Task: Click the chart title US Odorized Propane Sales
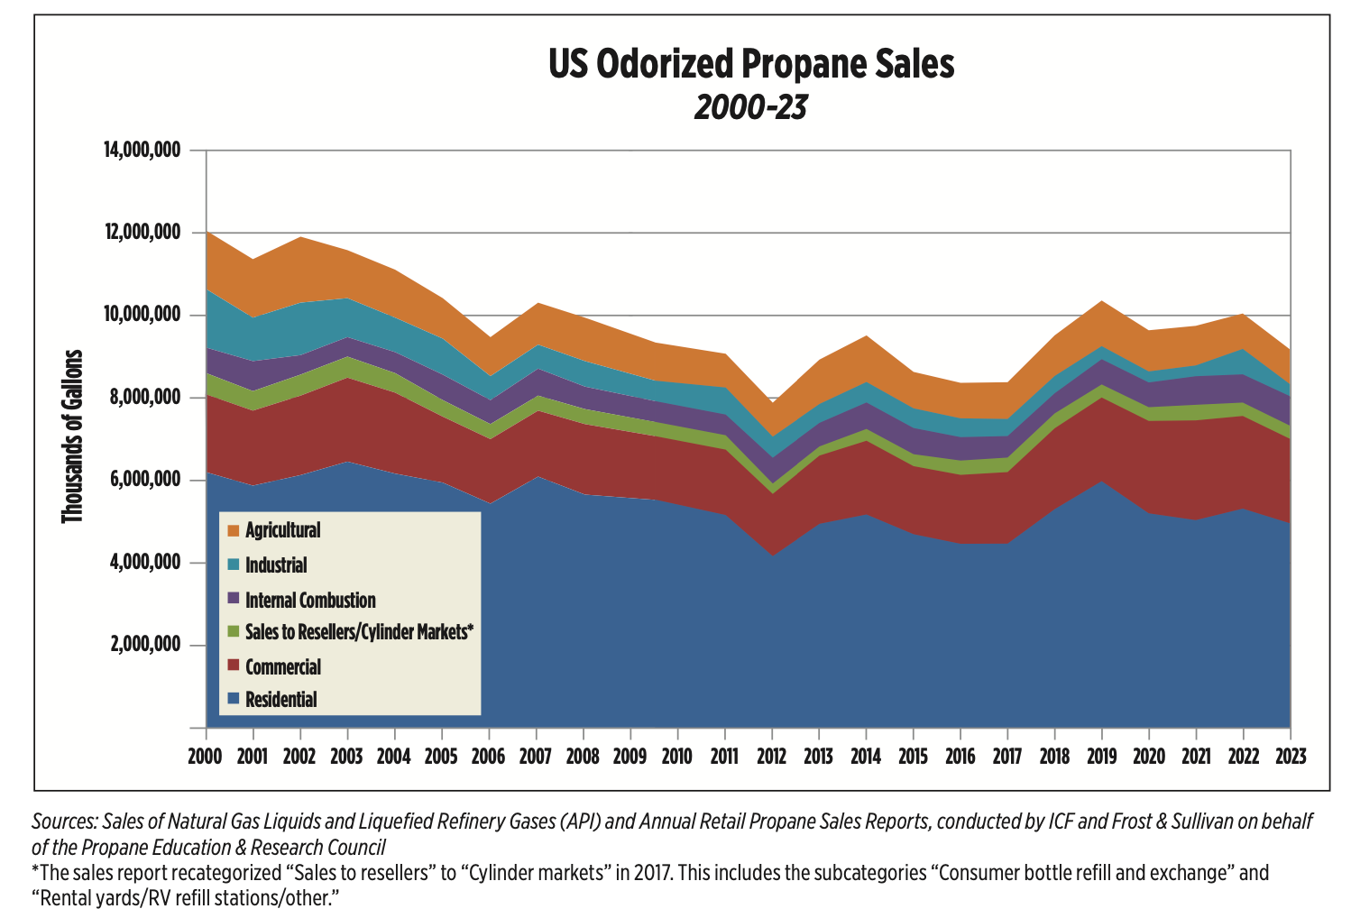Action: tap(750, 65)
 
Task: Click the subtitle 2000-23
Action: tap(750, 107)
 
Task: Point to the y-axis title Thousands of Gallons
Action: tap(72, 436)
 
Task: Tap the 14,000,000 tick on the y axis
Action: tap(142, 150)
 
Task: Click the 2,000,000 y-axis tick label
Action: tap(144, 645)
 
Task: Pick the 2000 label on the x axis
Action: tap(206, 756)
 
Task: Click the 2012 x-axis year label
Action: tap(771, 756)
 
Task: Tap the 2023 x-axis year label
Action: tap(1290, 756)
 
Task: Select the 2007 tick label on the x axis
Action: tap(536, 756)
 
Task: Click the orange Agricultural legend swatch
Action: tap(233, 530)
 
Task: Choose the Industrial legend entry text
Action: tap(276, 565)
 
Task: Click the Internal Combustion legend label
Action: tap(310, 600)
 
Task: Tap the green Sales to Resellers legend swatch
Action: tap(233, 632)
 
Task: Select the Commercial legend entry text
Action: tap(283, 667)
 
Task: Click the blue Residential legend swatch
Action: tap(233, 699)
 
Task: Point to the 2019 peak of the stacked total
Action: tap(1102, 301)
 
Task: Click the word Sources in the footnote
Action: tap(63, 822)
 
